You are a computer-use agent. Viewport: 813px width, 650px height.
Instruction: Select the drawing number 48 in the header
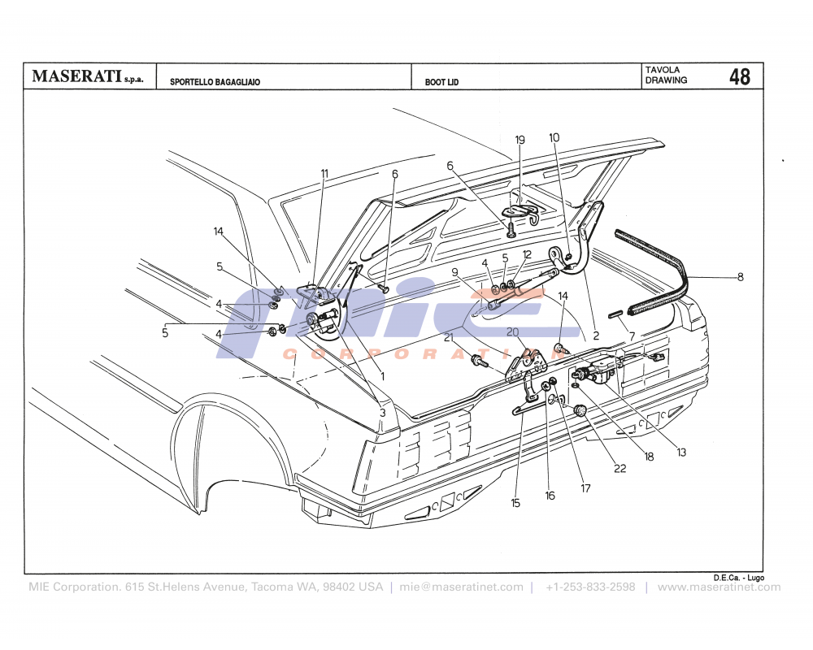740,77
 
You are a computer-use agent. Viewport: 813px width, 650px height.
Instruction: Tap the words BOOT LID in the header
441,82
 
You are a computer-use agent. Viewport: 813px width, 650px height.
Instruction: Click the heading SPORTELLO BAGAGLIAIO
215,82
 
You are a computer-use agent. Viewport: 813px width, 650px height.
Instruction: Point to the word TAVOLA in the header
663,70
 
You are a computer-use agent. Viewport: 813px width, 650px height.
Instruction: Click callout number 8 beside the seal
740,277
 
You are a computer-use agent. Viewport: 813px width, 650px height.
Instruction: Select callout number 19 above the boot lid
520,140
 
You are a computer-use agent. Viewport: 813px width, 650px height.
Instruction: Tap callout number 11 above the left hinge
324,173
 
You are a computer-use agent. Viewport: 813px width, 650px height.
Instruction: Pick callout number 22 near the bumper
620,469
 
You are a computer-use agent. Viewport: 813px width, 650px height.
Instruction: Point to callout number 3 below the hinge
382,413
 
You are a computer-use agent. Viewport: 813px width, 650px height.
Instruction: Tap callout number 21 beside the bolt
448,337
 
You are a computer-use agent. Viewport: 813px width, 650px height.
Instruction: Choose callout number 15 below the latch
515,503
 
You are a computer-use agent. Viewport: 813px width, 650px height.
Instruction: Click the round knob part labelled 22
580,412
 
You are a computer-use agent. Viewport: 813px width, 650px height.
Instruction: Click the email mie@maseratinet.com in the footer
461,587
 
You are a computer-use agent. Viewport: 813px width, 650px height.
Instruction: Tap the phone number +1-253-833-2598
590,587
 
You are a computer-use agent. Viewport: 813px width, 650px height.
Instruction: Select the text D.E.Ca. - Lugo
738,577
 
